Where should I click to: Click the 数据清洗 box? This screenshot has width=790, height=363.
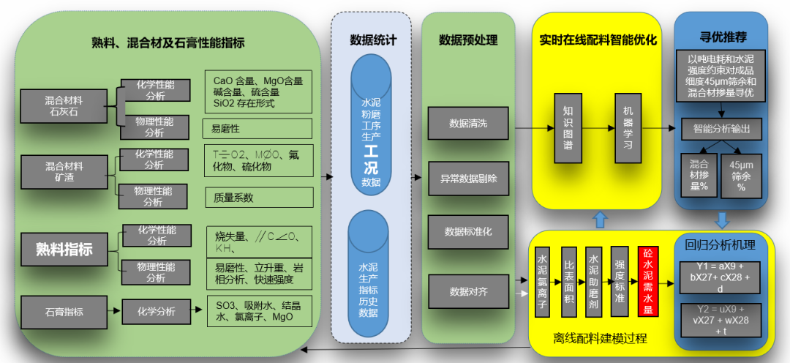coord(468,124)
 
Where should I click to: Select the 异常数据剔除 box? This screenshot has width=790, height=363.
coord(468,178)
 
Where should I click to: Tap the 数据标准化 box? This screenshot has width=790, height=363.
coord(468,232)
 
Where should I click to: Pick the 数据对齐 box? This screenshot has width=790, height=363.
coord(468,291)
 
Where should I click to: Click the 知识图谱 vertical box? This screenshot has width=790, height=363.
coord(568,128)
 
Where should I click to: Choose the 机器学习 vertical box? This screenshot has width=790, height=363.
coord(628,128)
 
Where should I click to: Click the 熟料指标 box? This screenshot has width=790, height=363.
coord(65,249)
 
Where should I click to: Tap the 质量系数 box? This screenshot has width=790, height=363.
coord(259,197)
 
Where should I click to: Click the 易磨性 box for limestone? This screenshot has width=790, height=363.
coord(257,128)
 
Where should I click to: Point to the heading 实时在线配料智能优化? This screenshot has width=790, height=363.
coord(598,40)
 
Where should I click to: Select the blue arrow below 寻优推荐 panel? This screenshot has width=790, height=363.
coord(722,220)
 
